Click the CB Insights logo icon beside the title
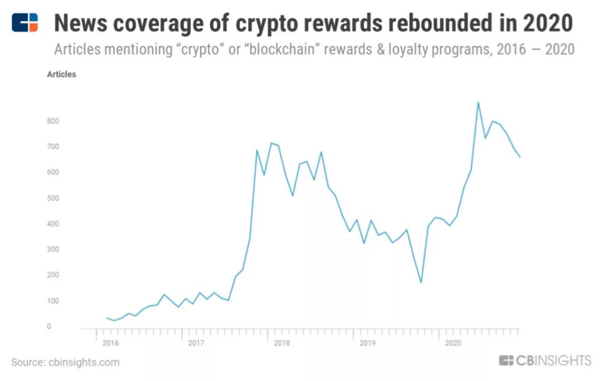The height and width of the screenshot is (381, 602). click(25, 22)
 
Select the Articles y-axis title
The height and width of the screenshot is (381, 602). click(61, 74)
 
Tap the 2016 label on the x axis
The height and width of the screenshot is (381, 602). click(110, 343)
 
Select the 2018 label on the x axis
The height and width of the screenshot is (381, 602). click(281, 343)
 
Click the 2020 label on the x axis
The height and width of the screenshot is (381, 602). click(453, 343)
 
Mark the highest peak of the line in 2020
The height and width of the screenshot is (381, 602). click(478, 102)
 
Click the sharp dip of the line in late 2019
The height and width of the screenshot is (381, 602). click(421, 282)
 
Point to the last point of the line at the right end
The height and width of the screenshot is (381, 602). click(520, 157)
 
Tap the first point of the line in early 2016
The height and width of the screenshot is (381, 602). click(106, 318)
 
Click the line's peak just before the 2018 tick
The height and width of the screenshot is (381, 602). click(271, 143)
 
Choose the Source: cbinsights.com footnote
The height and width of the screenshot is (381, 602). click(65, 363)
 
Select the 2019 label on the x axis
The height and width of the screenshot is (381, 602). click(367, 343)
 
